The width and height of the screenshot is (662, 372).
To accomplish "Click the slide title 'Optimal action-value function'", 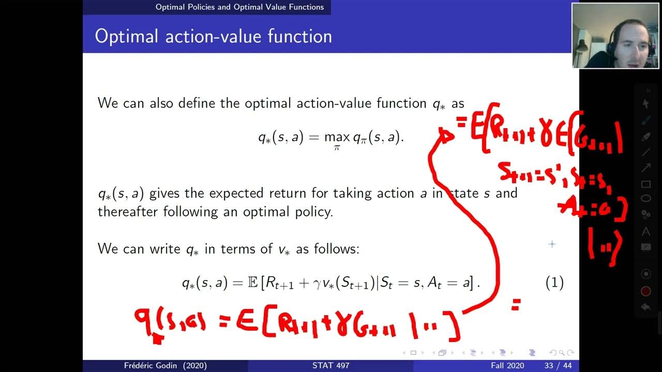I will [x=213, y=37].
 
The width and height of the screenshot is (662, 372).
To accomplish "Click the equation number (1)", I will [x=554, y=283].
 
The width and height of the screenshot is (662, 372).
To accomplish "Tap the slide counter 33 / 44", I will [x=556, y=366].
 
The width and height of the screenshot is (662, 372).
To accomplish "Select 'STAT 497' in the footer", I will [x=331, y=366].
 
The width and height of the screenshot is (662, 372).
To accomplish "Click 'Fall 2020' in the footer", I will [x=507, y=366].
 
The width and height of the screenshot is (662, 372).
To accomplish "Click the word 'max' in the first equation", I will [x=337, y=137].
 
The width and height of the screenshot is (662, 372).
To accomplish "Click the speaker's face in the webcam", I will [x=631, y=39].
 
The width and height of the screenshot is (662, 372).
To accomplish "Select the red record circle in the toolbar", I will [x=645, y=291].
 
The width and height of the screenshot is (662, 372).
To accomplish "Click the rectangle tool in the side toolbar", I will [x=645, y=184].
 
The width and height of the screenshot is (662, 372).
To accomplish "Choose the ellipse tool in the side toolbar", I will [x=645, y=198].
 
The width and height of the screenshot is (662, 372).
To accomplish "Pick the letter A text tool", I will [x=645, y=231].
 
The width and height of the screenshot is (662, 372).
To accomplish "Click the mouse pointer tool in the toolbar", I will [x=645, y=104].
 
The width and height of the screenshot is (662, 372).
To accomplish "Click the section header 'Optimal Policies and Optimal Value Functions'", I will [x=239, y=7].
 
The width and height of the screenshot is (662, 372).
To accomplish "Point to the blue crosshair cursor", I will [x=552, y=244].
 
